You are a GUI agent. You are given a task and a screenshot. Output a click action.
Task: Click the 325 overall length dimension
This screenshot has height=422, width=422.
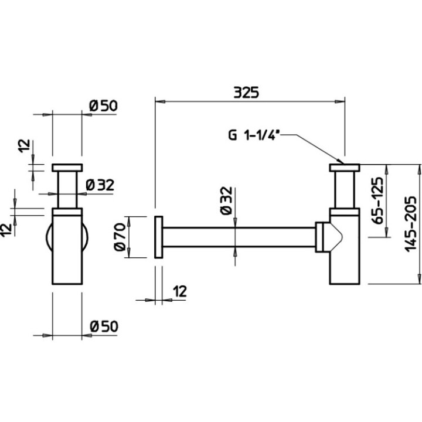pos(246,93)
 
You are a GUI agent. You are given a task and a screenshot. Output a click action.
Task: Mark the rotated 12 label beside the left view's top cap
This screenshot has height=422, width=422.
pos(24,147)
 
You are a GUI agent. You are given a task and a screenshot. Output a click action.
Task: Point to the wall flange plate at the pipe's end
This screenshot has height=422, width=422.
pos(159,237)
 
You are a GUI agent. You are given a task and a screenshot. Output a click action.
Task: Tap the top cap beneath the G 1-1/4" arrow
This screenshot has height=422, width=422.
pos(343,168)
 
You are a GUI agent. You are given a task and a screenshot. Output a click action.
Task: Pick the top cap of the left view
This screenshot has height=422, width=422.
pos(67,168)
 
